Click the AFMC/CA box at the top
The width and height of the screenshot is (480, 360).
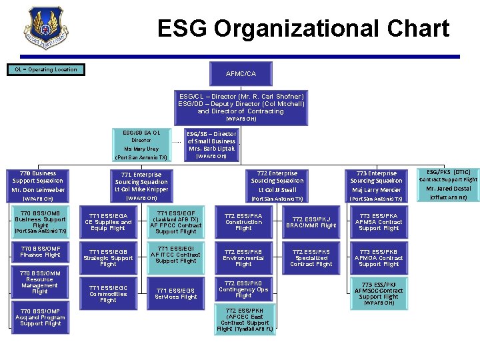click(241, 73)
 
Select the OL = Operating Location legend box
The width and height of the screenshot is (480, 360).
click(46, 69)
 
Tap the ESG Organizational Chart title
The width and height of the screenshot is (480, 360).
click(303, 29)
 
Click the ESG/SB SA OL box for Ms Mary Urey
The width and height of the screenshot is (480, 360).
click(141, 145)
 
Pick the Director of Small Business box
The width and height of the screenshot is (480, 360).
click(211, 145)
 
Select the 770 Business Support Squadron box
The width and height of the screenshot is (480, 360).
click(39, 185)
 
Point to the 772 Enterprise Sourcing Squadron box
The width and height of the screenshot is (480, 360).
click(277, 185)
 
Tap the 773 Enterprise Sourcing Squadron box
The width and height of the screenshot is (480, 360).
click(376, 185)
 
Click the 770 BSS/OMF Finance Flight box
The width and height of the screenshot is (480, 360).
click(40, 251)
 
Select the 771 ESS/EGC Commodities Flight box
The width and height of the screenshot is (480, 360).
click(108, 293)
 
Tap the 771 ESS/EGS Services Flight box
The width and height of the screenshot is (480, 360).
click(176, 293)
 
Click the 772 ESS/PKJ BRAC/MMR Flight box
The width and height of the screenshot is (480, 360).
click(311, 222)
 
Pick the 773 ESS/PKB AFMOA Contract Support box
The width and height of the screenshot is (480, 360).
click(379, 257)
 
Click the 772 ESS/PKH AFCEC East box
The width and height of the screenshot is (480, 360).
click(243, 319)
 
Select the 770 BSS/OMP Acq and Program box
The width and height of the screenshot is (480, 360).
click(40, 317)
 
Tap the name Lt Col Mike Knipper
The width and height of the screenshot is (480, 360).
click(141, 189)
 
